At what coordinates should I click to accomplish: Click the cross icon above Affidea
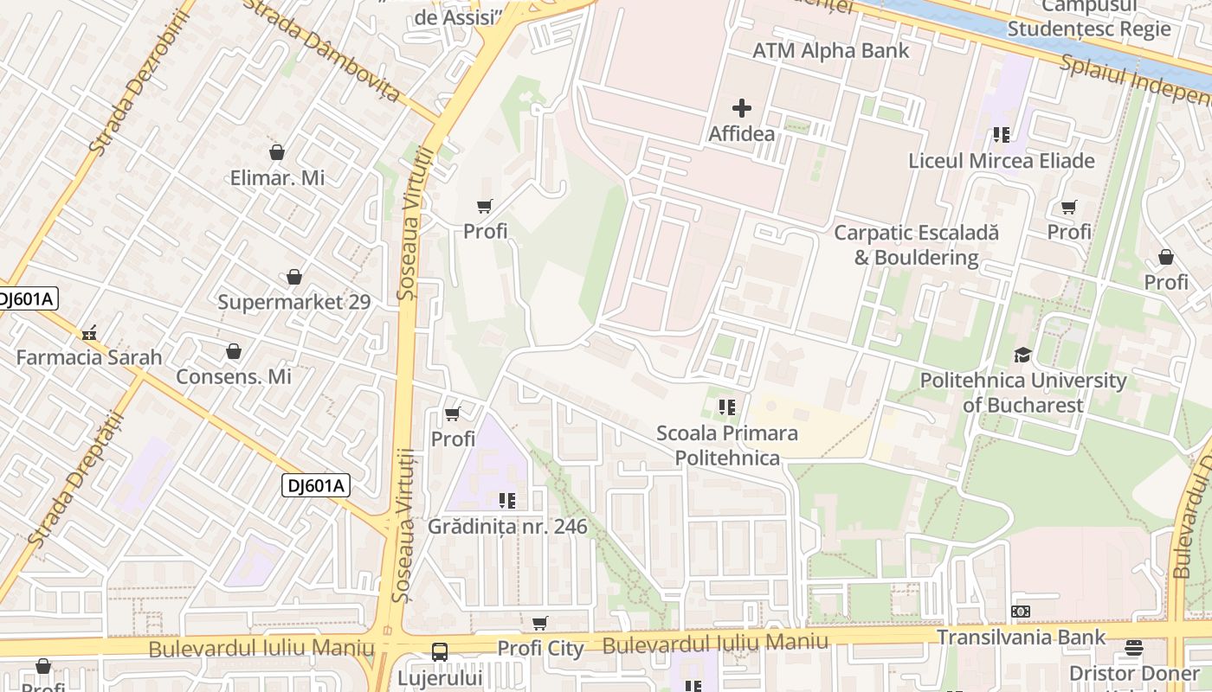[x=742, y=108]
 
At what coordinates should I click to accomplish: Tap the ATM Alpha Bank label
[x=831, y=50]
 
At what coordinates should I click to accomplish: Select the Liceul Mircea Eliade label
[x=1002, y=161]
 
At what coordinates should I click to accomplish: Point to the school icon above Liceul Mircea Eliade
[x=1002, y=134]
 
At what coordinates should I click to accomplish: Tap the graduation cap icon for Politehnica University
[x=1022, y=355]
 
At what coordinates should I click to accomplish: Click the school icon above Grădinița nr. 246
[x=507, y=500]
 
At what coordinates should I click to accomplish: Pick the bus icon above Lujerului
[x=440, y=651]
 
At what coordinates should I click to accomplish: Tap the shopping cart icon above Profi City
[x=540, y=623]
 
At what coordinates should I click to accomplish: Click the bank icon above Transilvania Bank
[x=1021, y=612]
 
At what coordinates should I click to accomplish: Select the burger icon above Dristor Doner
[x=1134, y=648]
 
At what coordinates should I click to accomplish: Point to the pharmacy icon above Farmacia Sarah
[x=88, y=332]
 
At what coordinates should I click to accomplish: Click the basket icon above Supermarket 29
[x=294, y=277]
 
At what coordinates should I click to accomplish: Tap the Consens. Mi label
[x=234, y=377]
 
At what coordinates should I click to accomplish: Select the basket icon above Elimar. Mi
[x=277, y=152]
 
